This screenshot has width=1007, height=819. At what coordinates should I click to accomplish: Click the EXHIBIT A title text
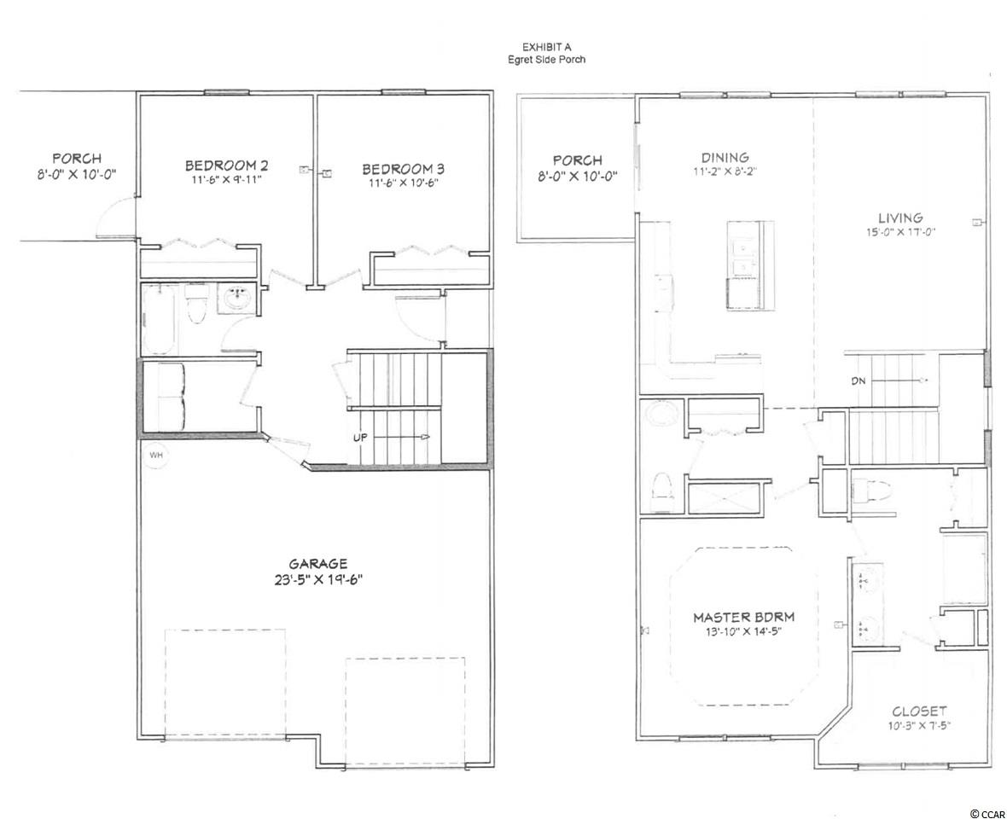tap(546, 47)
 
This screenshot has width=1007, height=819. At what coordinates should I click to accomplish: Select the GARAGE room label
tap(318, 564)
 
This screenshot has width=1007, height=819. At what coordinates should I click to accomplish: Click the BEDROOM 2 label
tap(223, 166)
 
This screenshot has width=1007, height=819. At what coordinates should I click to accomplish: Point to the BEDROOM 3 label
tap(404, 169)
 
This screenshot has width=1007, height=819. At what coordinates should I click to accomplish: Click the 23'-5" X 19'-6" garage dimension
tap(318, 579)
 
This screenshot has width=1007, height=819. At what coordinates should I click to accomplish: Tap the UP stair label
tap(360, 438)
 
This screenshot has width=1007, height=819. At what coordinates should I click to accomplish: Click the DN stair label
tap(859, 380)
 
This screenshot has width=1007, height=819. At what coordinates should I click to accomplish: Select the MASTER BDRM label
tap(743, 617)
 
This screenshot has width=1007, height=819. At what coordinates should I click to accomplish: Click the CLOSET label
tap(919, 712)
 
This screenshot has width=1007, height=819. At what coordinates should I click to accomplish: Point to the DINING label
tap(725, 157)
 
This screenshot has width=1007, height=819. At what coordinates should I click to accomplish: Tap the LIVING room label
tap(900, 218)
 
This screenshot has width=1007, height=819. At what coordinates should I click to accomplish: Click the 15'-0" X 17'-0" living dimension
tap(900, 232)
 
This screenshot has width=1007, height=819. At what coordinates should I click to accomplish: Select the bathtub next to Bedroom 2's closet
tap(160, 317)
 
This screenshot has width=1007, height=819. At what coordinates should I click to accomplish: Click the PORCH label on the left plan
tap(77, 158)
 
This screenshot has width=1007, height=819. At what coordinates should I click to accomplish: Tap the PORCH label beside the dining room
tap(578, 160)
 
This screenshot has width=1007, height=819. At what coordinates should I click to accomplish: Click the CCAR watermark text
tap(987, 813)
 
